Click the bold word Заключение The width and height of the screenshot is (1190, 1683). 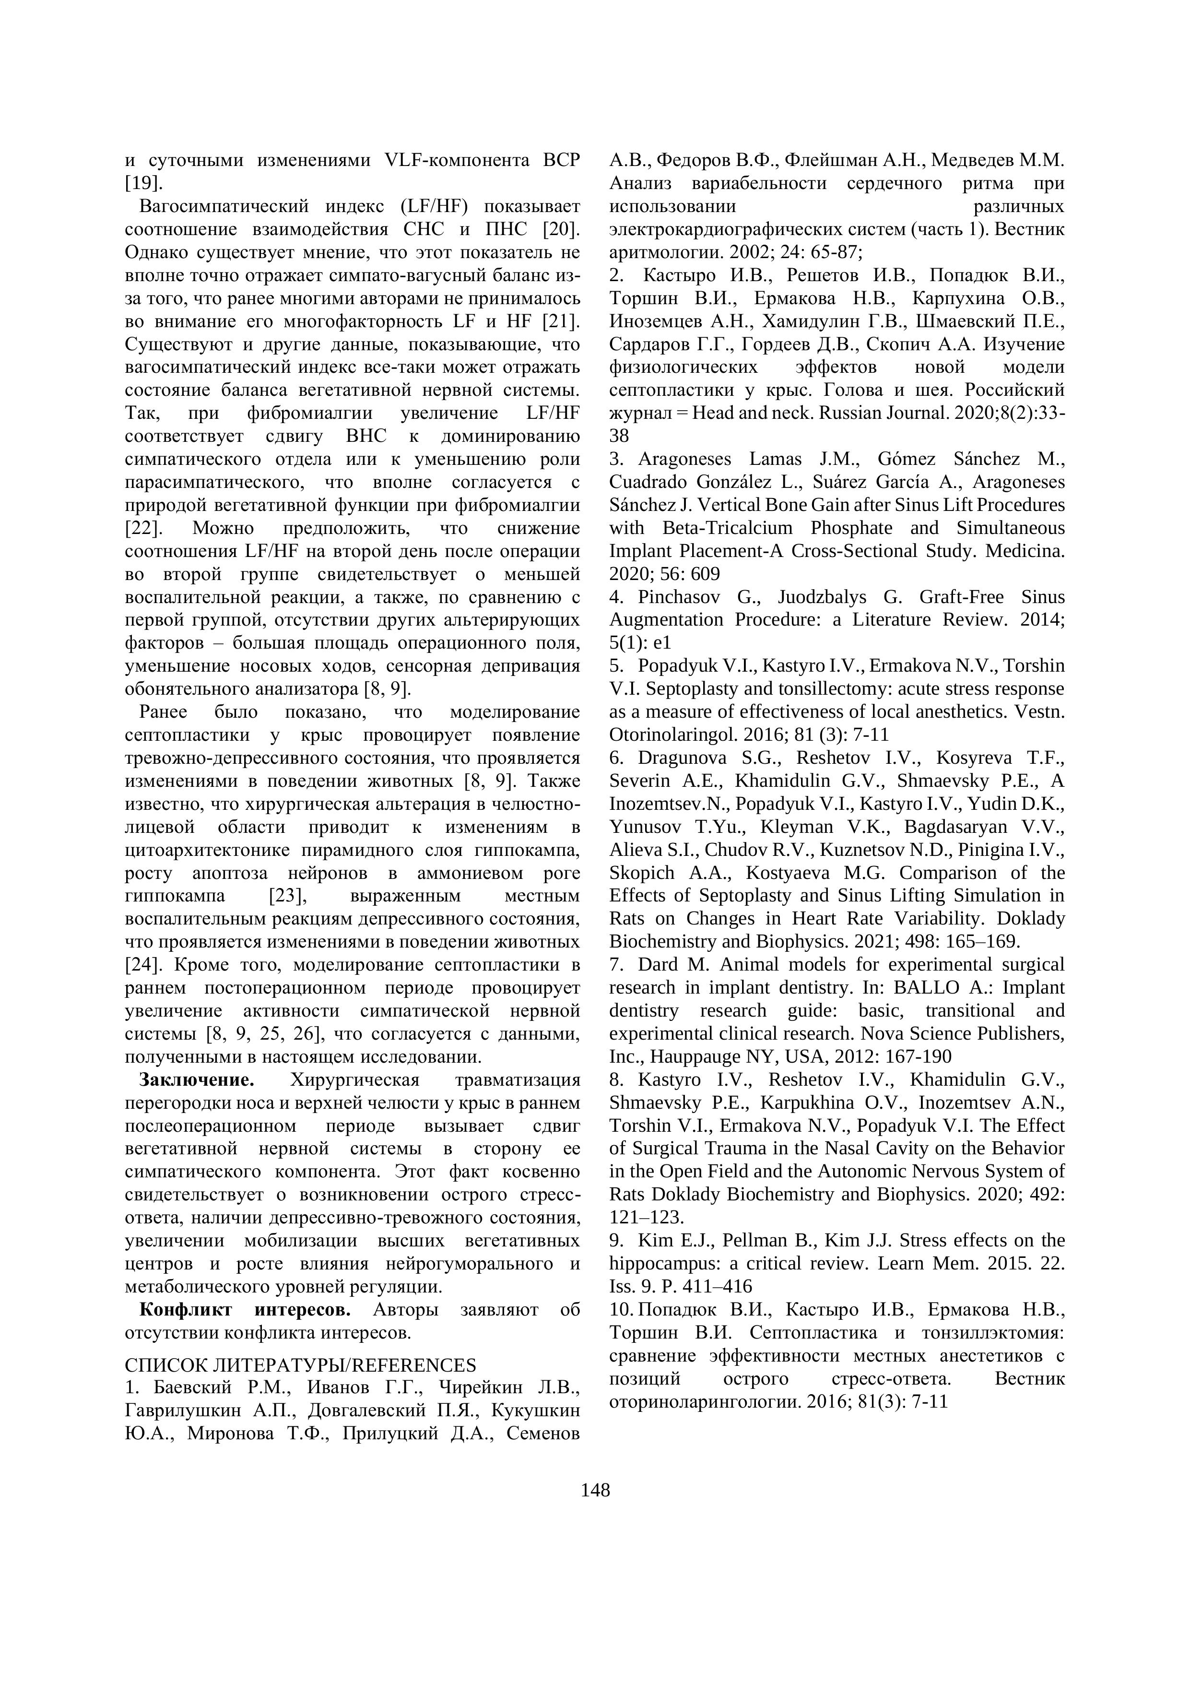coord(196,1080)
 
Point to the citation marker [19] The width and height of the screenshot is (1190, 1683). coord(143,182)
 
